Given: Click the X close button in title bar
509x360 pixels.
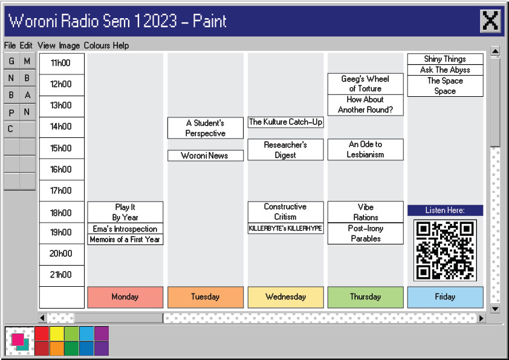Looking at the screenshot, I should coord(490,21).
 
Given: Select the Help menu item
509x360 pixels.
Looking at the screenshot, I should coord(121,45).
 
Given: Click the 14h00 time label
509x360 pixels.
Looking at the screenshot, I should coord(61,126).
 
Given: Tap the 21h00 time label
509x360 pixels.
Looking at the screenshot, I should coord(61,275).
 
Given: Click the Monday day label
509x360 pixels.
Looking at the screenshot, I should coord(125,297).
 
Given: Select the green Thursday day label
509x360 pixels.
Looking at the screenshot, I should coord(365,297).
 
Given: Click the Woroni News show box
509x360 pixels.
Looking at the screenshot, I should coord(205,155).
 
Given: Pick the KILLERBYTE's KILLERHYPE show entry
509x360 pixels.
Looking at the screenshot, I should coord(285,229).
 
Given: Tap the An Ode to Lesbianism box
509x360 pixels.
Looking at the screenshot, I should coord(365,149).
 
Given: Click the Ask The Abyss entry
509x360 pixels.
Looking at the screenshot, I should coord(445,70).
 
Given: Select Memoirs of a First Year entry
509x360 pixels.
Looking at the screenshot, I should coord(125,240).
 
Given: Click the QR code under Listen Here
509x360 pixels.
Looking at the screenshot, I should coord(445,250).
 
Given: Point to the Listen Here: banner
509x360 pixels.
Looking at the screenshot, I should coord(445,210).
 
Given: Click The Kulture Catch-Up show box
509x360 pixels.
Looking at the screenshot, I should coord(285,122).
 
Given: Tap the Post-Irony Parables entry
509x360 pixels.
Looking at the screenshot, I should coord(365,234).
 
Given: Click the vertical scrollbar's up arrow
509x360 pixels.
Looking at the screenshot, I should coord(495,51).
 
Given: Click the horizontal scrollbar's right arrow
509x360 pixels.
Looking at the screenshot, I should coord(481,318).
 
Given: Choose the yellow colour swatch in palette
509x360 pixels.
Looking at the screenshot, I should coord(57,333).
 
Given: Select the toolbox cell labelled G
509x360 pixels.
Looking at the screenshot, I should coord(11,61).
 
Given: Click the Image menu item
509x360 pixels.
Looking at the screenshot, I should coord(70,45).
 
